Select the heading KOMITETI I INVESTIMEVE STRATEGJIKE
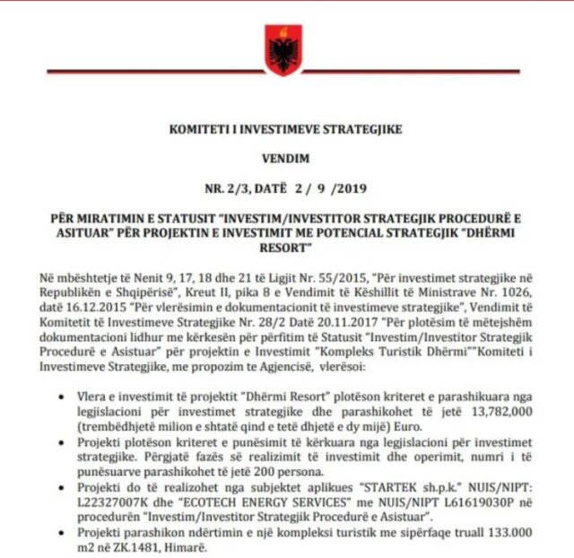286,129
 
